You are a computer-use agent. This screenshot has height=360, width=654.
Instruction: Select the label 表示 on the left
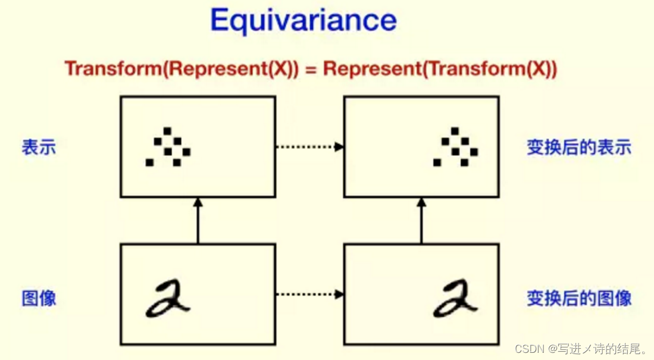click(x=39, y=147)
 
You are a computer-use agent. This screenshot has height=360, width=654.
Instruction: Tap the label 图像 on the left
click(x=39, y=298)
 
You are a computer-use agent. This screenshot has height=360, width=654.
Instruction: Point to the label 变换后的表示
click(x=578, y=147)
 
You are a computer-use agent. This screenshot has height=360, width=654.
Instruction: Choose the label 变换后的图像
click(x=578, y=298)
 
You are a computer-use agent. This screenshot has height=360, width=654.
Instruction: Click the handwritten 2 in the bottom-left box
click(x=168, y=299)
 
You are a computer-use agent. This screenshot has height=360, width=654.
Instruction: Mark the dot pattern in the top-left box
click(x=168, y=147)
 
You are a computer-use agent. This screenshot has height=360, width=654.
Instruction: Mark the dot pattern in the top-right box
click(x=456, y=147)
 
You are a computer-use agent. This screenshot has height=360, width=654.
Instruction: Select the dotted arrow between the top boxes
click(x=309, y=146)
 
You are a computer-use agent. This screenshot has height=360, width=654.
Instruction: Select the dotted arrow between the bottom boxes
click(x=309, y=294)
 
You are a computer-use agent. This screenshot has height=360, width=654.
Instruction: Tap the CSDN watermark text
click(x=581, y=348)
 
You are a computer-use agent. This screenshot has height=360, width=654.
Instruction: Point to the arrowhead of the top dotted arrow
click(x=340, y=146)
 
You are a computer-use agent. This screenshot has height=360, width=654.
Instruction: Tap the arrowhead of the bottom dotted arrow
click(x=340, y=294)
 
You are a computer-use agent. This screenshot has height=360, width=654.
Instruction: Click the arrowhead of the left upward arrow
click(x=198, y=202)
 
